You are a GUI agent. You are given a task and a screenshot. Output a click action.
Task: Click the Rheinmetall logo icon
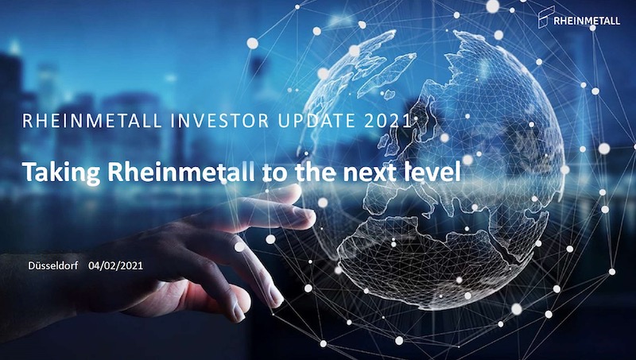pos(545,17)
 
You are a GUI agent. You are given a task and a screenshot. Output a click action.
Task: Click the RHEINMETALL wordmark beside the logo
pos(587,21)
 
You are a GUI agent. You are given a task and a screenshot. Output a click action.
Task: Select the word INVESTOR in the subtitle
pos(219,121)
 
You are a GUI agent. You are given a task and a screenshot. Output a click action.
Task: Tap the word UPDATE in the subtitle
pos(316,121)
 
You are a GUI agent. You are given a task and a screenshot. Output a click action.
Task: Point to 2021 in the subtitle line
pos(388,121)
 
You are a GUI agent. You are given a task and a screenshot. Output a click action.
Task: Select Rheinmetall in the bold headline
pos(181,172)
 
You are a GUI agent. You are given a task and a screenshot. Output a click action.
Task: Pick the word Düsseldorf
pos(53,265)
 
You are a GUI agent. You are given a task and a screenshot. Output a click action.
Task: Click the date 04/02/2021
pos(115,265)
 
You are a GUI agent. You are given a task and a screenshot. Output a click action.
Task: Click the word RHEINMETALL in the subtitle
pos(92,121)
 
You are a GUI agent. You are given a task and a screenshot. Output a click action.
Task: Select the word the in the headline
pos(315,172)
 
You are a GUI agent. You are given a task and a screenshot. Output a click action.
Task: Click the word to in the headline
pos(274,172)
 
